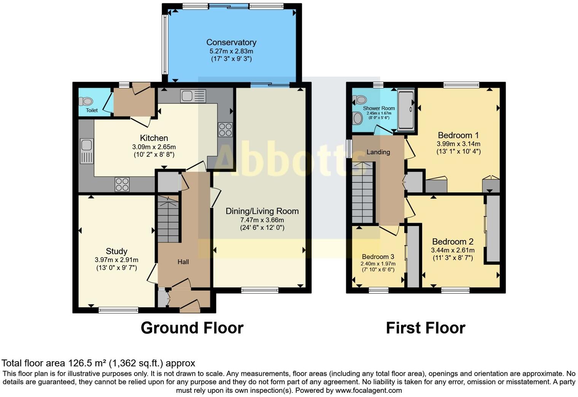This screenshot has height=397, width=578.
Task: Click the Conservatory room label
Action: (x=231, y=42)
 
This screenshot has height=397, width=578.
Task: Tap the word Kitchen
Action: (x=154, y=138)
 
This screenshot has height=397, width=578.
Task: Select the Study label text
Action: (x=116, y=251)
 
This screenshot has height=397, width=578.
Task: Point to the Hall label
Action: (x=183, y=262)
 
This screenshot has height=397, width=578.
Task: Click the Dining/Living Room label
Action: (x=262, y=211)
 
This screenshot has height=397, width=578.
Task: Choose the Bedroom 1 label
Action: (x=458, y=135)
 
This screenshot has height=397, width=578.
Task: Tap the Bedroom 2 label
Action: (x=453, y=242)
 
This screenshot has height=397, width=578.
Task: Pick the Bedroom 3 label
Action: (x=378, y=256)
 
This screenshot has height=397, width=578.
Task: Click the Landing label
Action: (x=378, y=152)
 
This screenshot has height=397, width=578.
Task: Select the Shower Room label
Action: (x=379, y=108)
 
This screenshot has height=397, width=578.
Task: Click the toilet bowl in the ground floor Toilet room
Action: (x=86, y=101)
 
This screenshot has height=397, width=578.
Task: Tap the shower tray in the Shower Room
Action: (x=406, y=109)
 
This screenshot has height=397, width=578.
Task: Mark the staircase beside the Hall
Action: (x=168, y=219)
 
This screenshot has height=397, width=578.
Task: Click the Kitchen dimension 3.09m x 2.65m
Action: (x=154, y=147)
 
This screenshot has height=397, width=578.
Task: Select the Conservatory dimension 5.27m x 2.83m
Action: (x=231, y=51)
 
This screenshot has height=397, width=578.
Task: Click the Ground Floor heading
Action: (x=192, y=328)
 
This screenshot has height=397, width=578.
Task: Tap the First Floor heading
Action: (x=426, y=328)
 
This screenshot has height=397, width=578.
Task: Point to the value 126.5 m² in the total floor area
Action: (x=87, y=363)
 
